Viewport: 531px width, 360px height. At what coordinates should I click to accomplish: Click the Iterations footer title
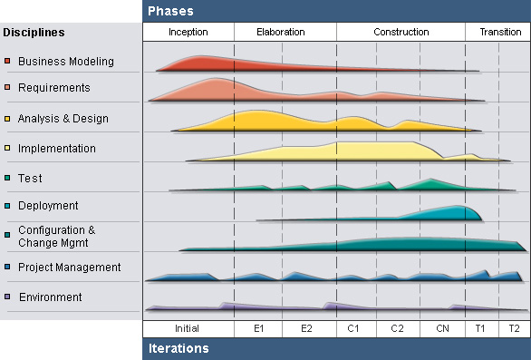[x=179, y=348]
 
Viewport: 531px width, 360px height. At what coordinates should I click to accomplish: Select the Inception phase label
[x=188, y=32]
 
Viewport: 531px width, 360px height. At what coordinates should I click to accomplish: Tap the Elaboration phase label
[x=281, y=32]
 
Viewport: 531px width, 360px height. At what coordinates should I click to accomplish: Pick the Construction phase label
[x=401, y=32]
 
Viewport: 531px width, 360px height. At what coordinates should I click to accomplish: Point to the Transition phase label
[x=500, y=32]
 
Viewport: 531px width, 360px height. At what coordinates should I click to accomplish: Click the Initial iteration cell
[x=187, y=328]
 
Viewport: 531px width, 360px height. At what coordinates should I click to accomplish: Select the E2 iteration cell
[x=306, y=328]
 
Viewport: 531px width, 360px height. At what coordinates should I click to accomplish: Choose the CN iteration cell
[x=442, y=328]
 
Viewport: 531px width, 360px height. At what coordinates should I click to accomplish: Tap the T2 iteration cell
[x=514, y=328]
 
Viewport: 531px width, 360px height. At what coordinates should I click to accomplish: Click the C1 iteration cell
[x=353, y=328]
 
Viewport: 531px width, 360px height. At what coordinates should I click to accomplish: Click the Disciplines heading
[x=34, y=33]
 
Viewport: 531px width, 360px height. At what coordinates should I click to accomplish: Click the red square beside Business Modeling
[x=7, y=62]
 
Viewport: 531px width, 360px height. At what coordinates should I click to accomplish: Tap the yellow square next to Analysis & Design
[x=7, y=119]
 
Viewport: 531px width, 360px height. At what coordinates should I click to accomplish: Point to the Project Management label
[x=69, y=268]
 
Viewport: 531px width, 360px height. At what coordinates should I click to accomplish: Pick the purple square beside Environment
[x=7, y=297]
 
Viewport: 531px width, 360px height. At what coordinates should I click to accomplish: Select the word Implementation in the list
[x=56, y=149]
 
